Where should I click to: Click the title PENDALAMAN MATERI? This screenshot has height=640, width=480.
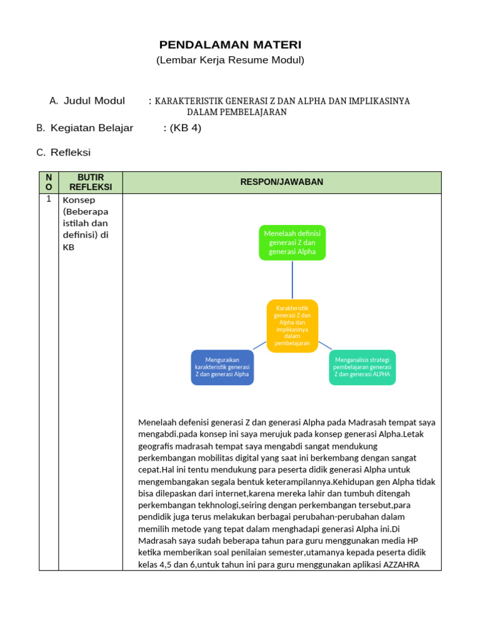pos(230,45)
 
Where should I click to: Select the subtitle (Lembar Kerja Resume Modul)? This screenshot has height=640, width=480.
pos(230,61)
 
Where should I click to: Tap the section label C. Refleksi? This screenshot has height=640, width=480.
pos(64,152)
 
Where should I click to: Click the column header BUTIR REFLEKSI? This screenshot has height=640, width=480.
pos(91,182)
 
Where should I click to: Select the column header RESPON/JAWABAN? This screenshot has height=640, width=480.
pos(282,182)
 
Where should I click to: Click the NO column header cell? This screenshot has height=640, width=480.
pos(49,182)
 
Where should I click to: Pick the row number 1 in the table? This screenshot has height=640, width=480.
pos(49,199)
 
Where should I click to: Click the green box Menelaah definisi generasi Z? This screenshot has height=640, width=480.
pos(292,242)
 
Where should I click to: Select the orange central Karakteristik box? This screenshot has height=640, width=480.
pos(292,325)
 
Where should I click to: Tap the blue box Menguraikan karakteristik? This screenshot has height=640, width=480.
pos(222,367)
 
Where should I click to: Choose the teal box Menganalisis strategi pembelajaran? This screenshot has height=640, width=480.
pos(362,367)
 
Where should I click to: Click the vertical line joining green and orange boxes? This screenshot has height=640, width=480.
pos(292,280)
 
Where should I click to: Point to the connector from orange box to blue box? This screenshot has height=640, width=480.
pos(260,345)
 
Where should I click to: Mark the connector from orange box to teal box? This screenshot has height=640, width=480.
pos(324,345)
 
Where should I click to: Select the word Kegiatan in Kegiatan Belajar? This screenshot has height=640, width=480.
pos(71,128)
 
